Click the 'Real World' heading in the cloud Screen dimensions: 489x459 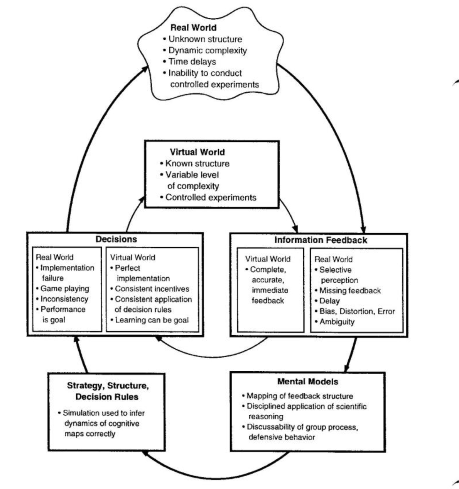pos(193,28)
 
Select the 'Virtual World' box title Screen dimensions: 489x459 pos(197,152)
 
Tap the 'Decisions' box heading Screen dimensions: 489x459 pos(116,239)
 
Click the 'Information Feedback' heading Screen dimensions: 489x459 pos(321,240)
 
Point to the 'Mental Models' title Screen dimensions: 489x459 pos(307,382)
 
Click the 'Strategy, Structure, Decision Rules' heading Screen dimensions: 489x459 pos(107,391)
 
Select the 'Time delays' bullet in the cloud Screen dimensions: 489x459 pos(192,62)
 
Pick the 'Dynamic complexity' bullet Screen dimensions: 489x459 pos(207,51)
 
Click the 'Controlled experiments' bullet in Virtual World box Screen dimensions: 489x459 pos(210,198)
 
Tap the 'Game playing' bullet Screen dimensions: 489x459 pos(64,289)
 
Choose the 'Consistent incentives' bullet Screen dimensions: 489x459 pos(152,289)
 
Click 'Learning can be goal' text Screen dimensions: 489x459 pos(152,320)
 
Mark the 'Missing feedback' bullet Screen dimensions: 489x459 pos(349,291)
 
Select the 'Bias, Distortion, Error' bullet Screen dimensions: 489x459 pos(357,311)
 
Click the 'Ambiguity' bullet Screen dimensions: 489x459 pos(336,322)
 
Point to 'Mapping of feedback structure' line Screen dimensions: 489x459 pos(299,396)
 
